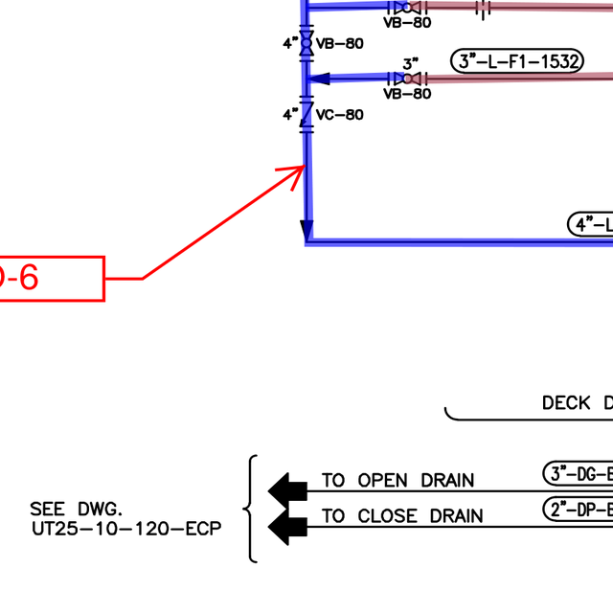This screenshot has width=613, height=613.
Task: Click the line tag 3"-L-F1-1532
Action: pyautogui.click(x=517, y=62)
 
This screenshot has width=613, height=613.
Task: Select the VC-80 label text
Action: pyautogui.click(x=340, y=115)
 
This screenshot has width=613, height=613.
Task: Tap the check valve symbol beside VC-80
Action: pyautogui.click(x=306, y=115)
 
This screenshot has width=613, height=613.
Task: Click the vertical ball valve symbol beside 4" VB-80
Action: pyautogui.click(x=306, y=43)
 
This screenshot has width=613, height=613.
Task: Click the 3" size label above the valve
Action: pyautogui.click(x=411, y=64)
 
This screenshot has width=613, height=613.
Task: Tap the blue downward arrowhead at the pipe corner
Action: pyautogui.click(x=306, y=230)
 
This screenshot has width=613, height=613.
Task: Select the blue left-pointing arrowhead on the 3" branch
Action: pyautogui.click(x=321, y=79)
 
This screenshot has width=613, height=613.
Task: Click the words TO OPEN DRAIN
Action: pyautogui.click(x=397, y=481)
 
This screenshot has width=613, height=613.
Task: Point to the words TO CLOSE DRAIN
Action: pyautogui.click(x=402, y=516)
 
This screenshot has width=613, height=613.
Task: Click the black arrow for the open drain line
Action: pyautogui.click(x=284, y=489)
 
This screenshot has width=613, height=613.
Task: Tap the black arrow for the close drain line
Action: pyautogui.click(x=284, y=525)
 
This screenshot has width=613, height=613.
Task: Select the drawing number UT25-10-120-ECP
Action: pyautogui.click(x=126, y=528)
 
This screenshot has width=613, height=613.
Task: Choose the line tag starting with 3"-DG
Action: pyautogui.click(x=578, y=473)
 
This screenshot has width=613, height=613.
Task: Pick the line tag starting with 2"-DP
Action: pyautogui.click(x=578, y=509)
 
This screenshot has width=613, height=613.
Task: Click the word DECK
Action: pyautogui.click(x=566, y=403)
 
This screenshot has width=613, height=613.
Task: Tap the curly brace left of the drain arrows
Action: pyautogui.click(x=252, y=508)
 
